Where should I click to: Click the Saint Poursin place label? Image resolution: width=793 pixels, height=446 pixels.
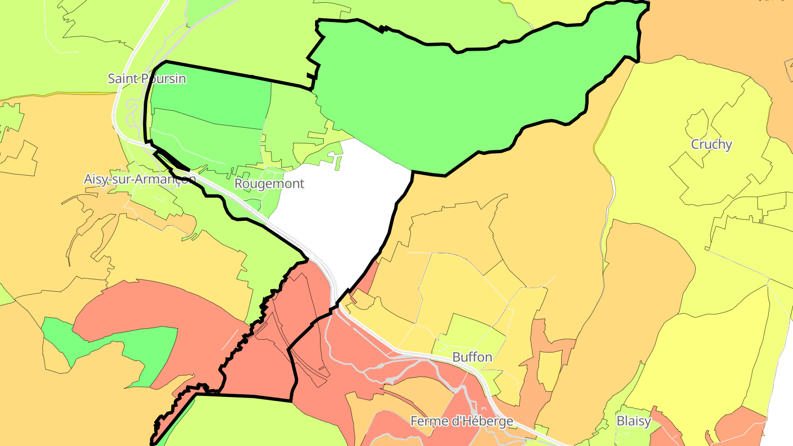pyautogui.click(x=146, y=79)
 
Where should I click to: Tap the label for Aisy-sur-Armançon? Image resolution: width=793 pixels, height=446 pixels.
pyautogui.click(x=140, y=179)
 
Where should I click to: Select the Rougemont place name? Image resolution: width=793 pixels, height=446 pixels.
pyautogui.click(x=269, y=183)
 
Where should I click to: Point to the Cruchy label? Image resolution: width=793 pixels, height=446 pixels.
pyautogui.click(x=711, y=144)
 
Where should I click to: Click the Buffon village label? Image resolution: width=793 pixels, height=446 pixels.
pyautogui.click(x=472, y=357)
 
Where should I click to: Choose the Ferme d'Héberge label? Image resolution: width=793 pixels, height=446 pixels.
pyautogui.click(x=461, y=421)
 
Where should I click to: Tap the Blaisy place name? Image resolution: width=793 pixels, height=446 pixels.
pyautogui.click(x=633, y=421)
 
